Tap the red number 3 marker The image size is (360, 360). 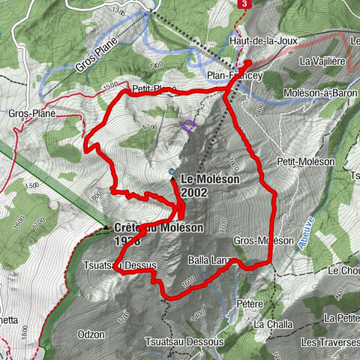[x=244, y=4]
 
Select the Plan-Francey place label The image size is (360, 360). [x=235, y=76]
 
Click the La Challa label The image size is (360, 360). [x=268, y=324]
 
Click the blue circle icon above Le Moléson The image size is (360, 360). [x=172, y=172]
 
